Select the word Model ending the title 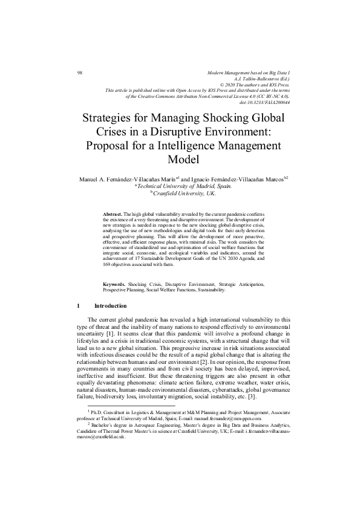[x=182, y=160]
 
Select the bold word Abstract [x=113, y=215]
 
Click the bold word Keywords [x=114, y=283]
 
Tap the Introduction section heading [x=111, y=306]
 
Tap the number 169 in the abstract [x=108, y=264]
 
